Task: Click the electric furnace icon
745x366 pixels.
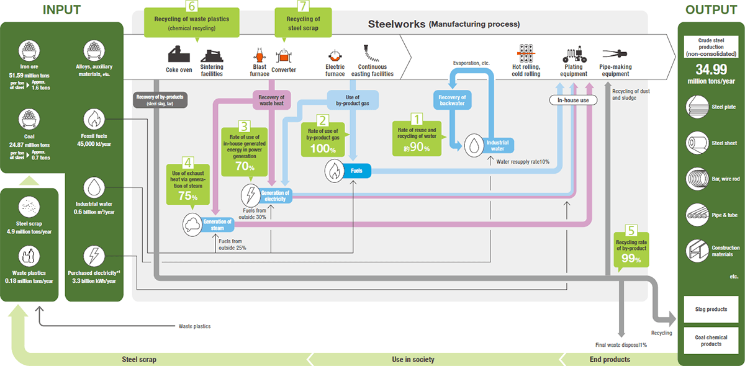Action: pyautogui.click(x=335, y=54)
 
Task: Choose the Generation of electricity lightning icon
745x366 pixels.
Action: pyautogui.click(x=251, y=195)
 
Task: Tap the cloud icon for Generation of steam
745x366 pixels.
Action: pyautogui.click(x=192, y=225)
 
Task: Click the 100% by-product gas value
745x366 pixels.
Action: pyautogui.click(x=323, y=150)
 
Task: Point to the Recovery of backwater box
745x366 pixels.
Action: pyautogui.click(x=452, y=100)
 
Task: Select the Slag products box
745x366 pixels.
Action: pyautogui.click(x=711, y=309)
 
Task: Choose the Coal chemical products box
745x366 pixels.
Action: pyautogui.click(x=711, y=341)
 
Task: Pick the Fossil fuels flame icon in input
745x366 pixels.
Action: pyautogui.click(x=94, y=118)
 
